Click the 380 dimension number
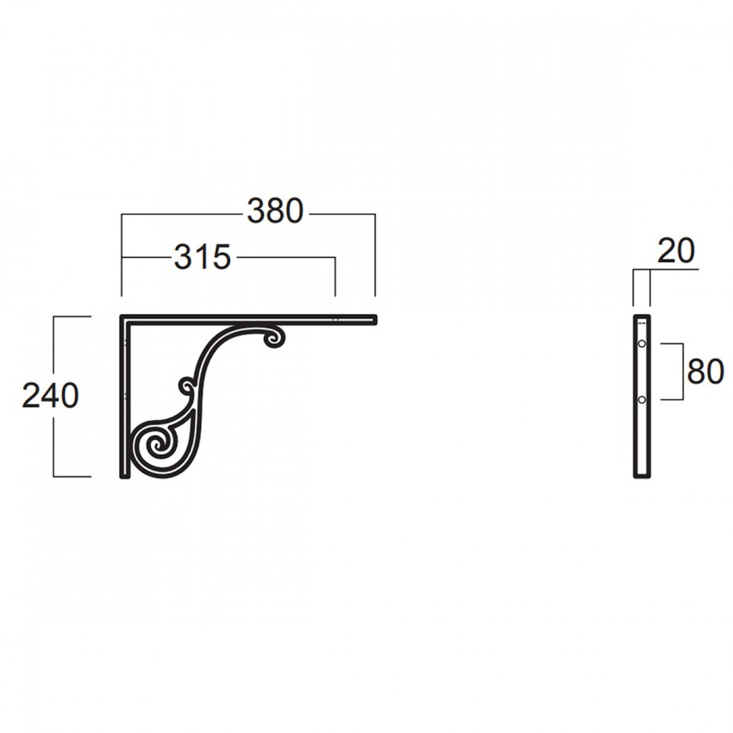coord(275,210)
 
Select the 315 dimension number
coord(203,257)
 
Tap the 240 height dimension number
coord(51,396)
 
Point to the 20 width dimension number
coord(676,251)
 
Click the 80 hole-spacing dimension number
coord(705,372)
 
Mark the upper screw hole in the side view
coord(642,343)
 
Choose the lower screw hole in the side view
coord(642,399)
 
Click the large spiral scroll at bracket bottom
coord(159,448)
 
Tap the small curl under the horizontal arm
coord(274,338)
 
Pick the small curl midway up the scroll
coord(188,387)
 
